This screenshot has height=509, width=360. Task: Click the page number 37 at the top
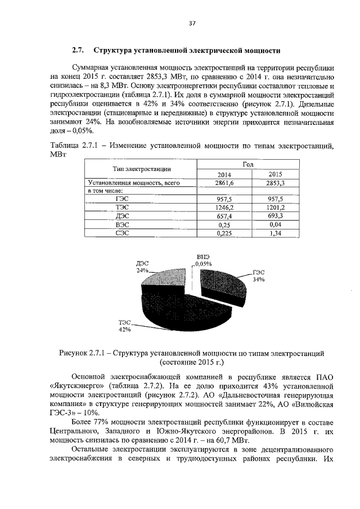[192, 23]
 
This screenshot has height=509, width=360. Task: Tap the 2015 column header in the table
[276, 174]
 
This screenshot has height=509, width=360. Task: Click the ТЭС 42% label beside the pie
[124, 325]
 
